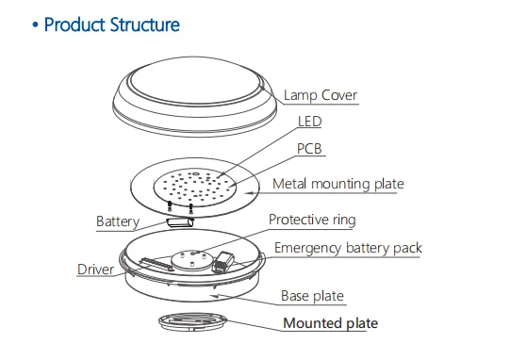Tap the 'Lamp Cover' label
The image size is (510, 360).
coord(321,95)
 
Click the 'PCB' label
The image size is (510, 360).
coord(312,149)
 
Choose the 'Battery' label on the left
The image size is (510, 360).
coord(118,222)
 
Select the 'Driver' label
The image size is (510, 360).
coord(96,270)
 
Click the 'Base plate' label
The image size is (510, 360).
coord(312,296)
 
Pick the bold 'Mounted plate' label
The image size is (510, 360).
coord(331,323)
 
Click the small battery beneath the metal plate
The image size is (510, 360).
coord(179,222)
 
